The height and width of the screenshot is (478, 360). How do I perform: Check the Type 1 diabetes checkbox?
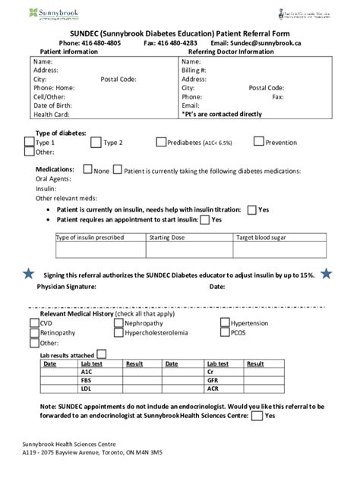30,141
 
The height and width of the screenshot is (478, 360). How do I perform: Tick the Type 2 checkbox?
96,141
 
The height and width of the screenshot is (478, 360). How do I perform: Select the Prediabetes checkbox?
161,141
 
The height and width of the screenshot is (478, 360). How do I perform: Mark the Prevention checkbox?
259,141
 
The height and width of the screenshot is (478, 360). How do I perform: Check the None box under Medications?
87,169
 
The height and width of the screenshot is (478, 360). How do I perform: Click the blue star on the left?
28,273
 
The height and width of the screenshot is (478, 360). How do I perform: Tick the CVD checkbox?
34,322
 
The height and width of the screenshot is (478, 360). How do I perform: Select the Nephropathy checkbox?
118,322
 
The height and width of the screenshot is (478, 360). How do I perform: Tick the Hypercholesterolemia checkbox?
118,332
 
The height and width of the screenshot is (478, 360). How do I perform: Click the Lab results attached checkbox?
101,354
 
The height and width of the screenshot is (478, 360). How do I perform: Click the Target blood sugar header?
261,237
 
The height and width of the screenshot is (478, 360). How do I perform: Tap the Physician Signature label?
66,288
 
